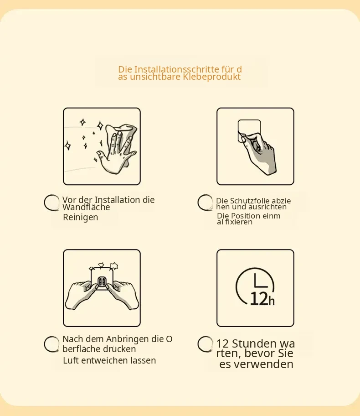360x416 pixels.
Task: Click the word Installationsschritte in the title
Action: [x=176, y=69]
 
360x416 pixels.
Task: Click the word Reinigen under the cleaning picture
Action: [x=81, y=218]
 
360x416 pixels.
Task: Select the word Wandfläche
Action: [x=86, y=207]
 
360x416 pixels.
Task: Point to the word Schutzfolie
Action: [x=250, y=201]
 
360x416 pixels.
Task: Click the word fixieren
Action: [x=239, y=222]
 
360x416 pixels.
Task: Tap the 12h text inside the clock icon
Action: [x=262, y=299]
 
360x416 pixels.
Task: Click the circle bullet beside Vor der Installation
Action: [x=51, y=203]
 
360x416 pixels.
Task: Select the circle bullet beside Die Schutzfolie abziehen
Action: [x=205, y=203]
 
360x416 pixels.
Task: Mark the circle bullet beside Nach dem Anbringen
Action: [x=51, y=344]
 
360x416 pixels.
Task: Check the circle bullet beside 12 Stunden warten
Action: [x=205, y=344]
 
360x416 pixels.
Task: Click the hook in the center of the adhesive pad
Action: [x=102, y=282]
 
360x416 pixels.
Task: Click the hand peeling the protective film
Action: [x=259, y=153]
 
